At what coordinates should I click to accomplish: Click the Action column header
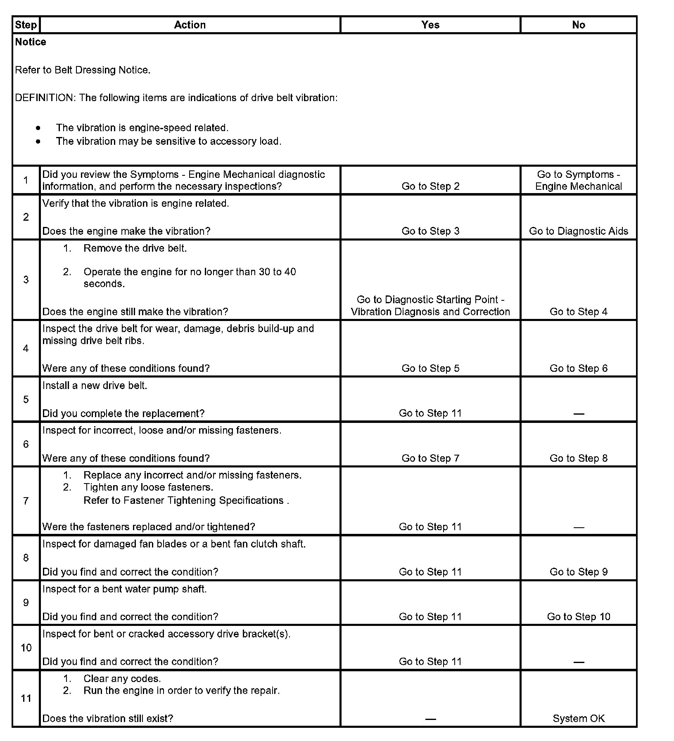point(190,25)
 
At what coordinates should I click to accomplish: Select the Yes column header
point(430,25)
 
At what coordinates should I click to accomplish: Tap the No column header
point(578,25)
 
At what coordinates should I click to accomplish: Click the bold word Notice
point(31,42)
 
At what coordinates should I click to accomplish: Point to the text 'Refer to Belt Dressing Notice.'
point(83,70)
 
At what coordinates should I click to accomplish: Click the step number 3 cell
point(26,280)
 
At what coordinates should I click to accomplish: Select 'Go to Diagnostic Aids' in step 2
point(578,231)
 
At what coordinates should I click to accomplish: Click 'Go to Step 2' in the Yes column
point(430,186)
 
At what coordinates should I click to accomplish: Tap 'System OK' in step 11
point(578,718)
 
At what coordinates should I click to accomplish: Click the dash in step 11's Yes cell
point(430,719)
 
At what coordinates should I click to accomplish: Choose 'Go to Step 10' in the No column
point(578,616)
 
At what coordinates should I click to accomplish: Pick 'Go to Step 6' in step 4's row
point(578,368)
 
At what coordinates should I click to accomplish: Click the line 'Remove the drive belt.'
point(135,248)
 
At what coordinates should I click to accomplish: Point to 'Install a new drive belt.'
point(95,385)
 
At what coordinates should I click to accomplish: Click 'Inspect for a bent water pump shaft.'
point(124,589)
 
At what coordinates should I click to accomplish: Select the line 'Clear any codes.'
point(122,679)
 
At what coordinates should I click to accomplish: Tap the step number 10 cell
point(26,648)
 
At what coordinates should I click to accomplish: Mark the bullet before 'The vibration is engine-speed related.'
point(38,128)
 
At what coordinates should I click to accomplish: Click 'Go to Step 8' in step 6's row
point(578,458)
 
